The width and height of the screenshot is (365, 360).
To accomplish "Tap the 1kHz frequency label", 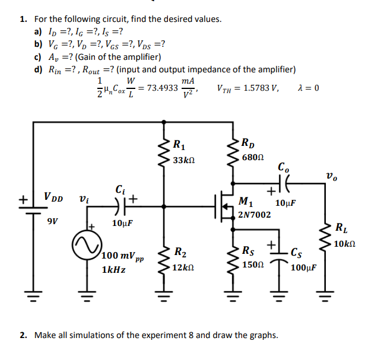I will pos(113,270).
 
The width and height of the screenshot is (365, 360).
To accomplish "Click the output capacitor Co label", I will pos(284,168).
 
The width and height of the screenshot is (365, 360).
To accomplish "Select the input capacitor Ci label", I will pos(121,190).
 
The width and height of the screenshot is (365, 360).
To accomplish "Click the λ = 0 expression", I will pos(309,88).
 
